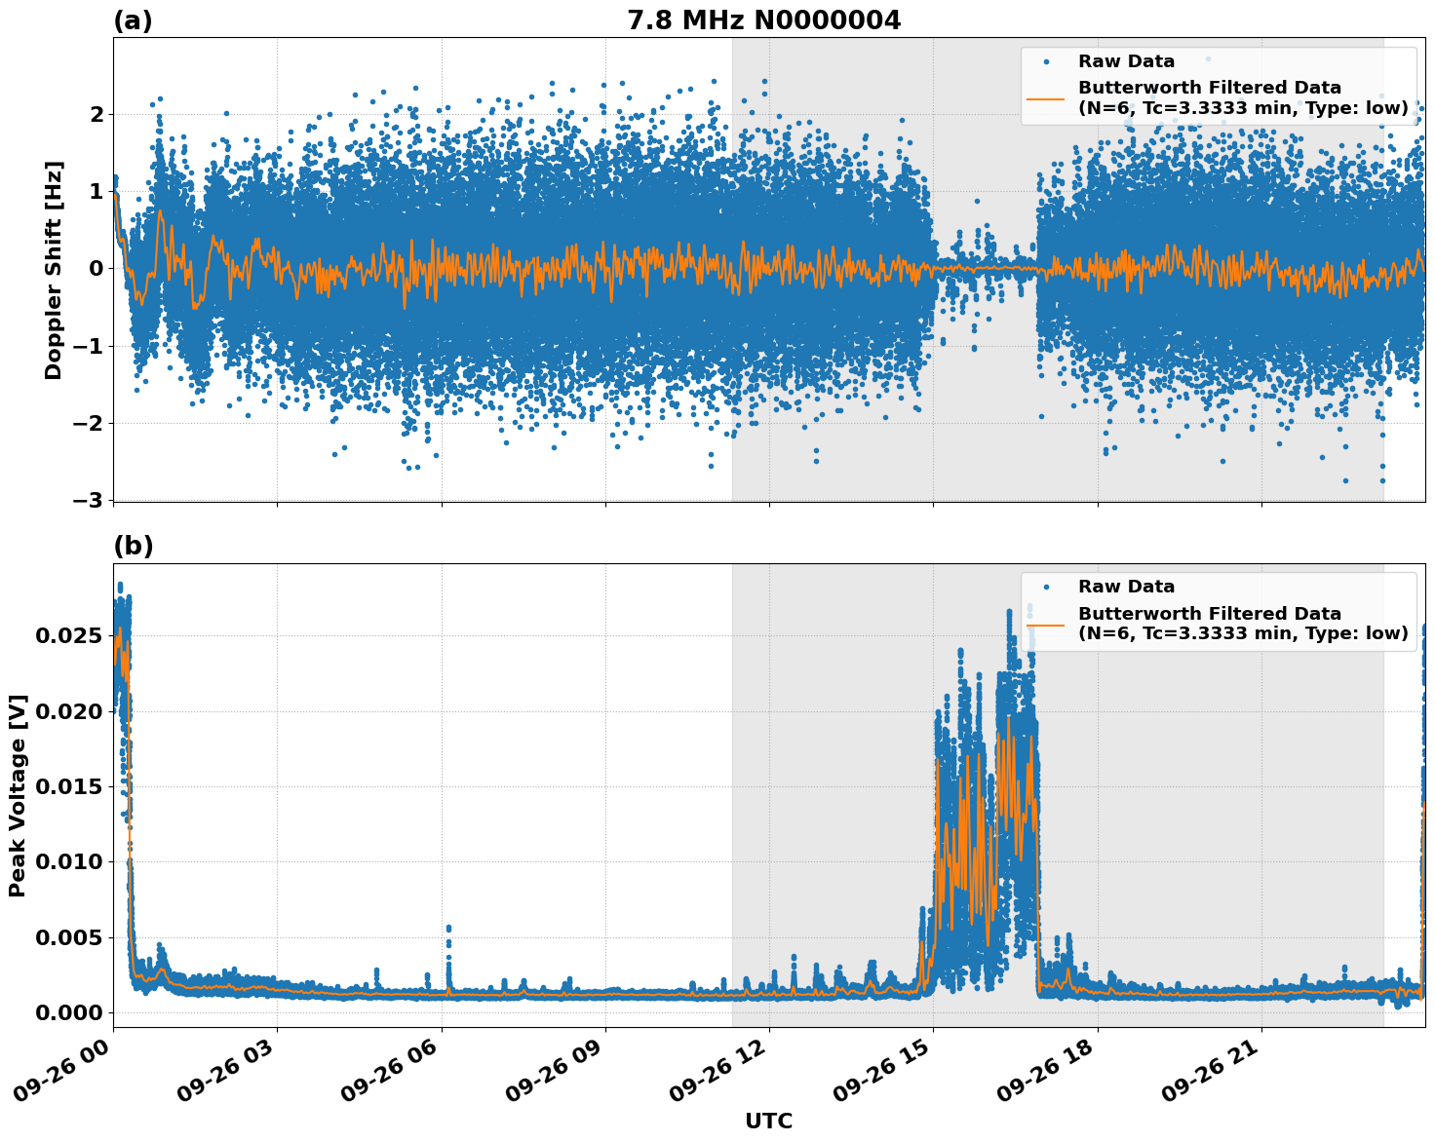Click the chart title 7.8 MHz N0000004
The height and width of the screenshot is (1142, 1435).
click(x=763, y=20)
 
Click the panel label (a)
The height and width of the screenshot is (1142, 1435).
click(x=133, y=20)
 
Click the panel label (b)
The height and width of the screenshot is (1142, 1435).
click(x=133, y=546)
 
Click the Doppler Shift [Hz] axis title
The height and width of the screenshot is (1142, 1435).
click(x=54, y=270)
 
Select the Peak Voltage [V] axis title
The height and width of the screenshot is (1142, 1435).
click(x=18, y=795)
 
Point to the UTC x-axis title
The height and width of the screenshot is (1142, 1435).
click(x=768, y=1121)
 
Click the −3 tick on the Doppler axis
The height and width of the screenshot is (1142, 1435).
click(x=87, y=500)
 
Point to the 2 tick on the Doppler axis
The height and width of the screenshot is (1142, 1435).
click(x=97, y=115)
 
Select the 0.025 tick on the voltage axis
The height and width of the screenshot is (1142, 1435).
click(x=68, y=636)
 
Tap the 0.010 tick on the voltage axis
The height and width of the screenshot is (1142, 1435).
click(x=68, y=862)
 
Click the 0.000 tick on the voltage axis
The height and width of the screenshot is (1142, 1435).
click(x=68, y=1013)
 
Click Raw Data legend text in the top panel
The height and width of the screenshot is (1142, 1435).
click(x=1126, y=61)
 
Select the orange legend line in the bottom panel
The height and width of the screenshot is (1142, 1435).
click(x=1045, y=624)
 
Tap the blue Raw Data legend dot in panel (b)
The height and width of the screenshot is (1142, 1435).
click(x=1046, y=588)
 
